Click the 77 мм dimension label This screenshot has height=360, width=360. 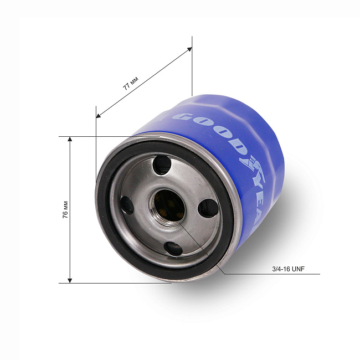[130, 83]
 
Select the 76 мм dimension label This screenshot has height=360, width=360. [65, 209]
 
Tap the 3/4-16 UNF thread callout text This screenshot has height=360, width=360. [288, 269]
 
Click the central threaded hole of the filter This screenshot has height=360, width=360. [169, 205]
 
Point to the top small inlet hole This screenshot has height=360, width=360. [162, 165]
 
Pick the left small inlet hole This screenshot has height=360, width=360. [127, 205]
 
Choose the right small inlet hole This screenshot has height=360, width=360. [208, 208]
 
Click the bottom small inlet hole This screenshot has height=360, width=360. [173, 249]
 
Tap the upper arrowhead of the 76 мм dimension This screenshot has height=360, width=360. [70, 139]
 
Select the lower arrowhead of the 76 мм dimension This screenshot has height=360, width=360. [70, 281]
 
